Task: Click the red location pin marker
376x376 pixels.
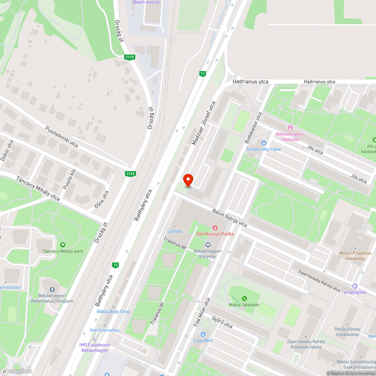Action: tap(188, 180)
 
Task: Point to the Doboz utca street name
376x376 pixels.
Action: tap(7, 150)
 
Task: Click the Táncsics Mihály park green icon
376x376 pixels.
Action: tap(62, 244)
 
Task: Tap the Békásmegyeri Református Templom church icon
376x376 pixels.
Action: tap(52, 290)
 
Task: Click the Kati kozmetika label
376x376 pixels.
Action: tap(104, 330)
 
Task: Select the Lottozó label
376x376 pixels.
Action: tap(175, 231)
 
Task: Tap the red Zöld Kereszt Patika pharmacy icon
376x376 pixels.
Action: tap(215, 227)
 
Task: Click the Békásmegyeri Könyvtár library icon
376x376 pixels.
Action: tap(208, 245)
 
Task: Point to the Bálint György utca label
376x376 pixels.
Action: tap(229, 217)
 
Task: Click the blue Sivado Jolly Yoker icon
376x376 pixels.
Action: tap(264, 143)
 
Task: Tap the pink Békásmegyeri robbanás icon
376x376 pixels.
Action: tap(290, 128)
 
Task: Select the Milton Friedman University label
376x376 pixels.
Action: tap(355, 256)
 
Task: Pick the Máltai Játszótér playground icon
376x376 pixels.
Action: tap(244, 299)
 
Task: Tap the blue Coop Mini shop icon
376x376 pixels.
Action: tap(203, 334)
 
